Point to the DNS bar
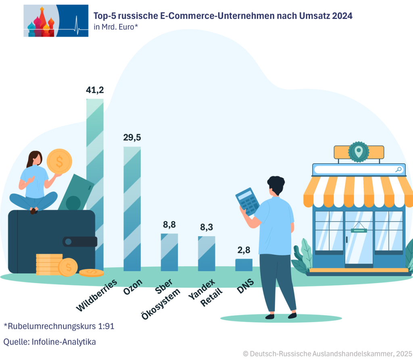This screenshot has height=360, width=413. (244, 264)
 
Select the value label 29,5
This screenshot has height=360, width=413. (132, 137)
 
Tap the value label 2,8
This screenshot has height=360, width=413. (244, 250)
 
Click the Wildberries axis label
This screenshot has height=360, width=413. (97, 294)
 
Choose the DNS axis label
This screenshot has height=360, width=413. (245, 285)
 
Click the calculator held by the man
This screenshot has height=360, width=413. (247, 201)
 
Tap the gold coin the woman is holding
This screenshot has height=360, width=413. (59, 161)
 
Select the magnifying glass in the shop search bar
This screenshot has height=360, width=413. (398, 169)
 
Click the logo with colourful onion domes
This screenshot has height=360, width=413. (56, 21)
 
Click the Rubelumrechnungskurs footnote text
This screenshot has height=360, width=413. (59, 326)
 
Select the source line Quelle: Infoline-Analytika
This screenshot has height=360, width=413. (50, 342)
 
